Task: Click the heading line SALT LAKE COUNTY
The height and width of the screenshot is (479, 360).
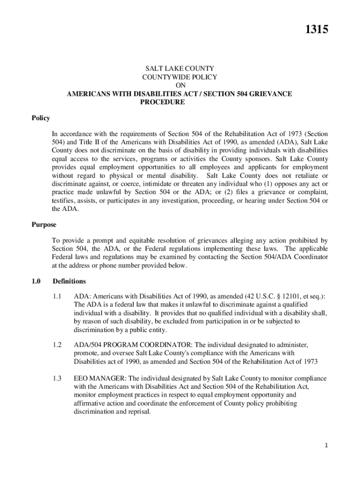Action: point(180,69)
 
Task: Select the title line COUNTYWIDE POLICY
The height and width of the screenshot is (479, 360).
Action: point(180,77)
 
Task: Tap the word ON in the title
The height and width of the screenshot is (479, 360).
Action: point(180,86)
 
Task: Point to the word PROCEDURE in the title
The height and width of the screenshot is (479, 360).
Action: point(163,102)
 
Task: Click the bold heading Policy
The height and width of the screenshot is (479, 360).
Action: point(41,118)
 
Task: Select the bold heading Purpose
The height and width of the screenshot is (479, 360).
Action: point(44,225)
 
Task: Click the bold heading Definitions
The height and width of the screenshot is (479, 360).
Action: point(69,282)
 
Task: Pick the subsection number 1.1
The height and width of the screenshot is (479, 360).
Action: point(58,296)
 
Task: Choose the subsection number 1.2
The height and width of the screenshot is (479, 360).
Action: point(58,345)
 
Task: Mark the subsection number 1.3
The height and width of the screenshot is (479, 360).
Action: point(58,378)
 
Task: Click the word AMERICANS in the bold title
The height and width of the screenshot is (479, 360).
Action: point(88,94)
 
